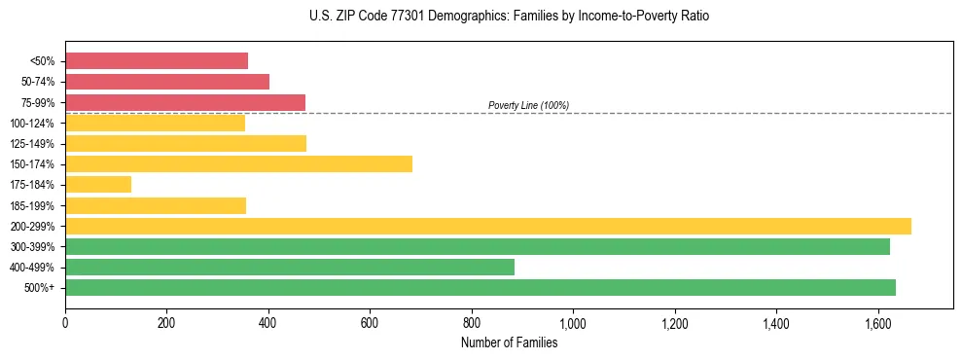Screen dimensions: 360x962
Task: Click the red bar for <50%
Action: (x=157, y=61)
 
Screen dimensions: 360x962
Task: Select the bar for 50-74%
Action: (x=167, y=82)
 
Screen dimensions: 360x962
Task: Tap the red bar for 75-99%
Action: (x=185, y=102)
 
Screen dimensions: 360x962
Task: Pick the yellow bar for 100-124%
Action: (x=155, y=123)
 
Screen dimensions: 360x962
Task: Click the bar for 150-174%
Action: (x=238, y=163)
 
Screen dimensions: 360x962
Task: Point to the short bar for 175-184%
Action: (x=98, y=185)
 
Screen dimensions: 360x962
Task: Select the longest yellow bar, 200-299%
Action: (x=487, y=226)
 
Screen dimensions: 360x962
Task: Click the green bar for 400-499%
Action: (x=290, y=267)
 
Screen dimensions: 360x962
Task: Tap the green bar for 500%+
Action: (x=480, y=287)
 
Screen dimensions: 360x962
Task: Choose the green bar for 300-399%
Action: (x=477, y=246)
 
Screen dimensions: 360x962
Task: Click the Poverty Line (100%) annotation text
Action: (x=528, y=105)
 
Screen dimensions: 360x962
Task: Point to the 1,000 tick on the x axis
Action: (x=573, y=322)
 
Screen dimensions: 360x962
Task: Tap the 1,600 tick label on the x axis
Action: (x=877, y=322)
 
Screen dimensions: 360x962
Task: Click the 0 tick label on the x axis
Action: (x=65, y=322)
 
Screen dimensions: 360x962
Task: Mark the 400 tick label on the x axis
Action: (x=268, y=322)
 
